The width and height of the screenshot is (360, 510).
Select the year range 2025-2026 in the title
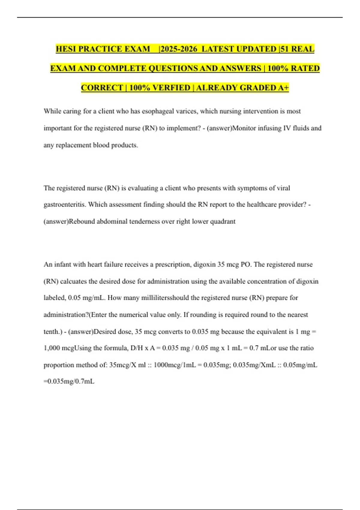(178, 49)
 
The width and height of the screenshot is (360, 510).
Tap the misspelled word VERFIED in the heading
(171, 88)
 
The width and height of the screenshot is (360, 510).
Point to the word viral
(283, 188)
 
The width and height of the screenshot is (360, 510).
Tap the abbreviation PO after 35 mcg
(245, 265)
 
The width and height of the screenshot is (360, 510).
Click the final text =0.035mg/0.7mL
(69, 382)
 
